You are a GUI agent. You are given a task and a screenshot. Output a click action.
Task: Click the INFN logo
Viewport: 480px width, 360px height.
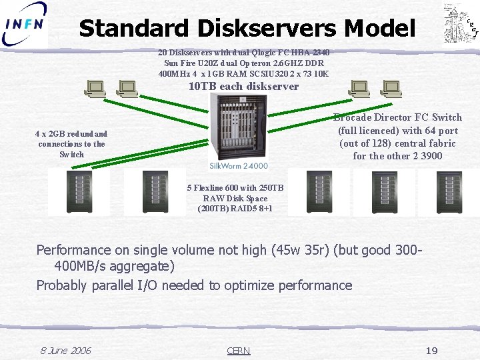25,25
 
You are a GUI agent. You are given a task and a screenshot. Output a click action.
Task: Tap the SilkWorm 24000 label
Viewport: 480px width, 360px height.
239,165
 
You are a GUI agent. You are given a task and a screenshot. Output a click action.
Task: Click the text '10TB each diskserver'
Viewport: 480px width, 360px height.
243,87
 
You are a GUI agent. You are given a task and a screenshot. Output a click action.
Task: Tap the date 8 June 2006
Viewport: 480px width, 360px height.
65,351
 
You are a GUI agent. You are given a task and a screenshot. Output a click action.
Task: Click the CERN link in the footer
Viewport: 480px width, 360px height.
238,351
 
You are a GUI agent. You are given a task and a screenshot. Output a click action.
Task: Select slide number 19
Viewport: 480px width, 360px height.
431,351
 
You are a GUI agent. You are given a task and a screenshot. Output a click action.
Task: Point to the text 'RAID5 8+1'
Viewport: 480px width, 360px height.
251,209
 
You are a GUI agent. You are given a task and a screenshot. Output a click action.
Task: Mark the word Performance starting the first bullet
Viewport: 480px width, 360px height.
73,250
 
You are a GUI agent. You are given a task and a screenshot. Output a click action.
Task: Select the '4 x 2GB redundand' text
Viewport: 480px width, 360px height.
71,134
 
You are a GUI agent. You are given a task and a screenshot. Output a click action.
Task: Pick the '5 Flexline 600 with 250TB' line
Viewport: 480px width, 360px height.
235,188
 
